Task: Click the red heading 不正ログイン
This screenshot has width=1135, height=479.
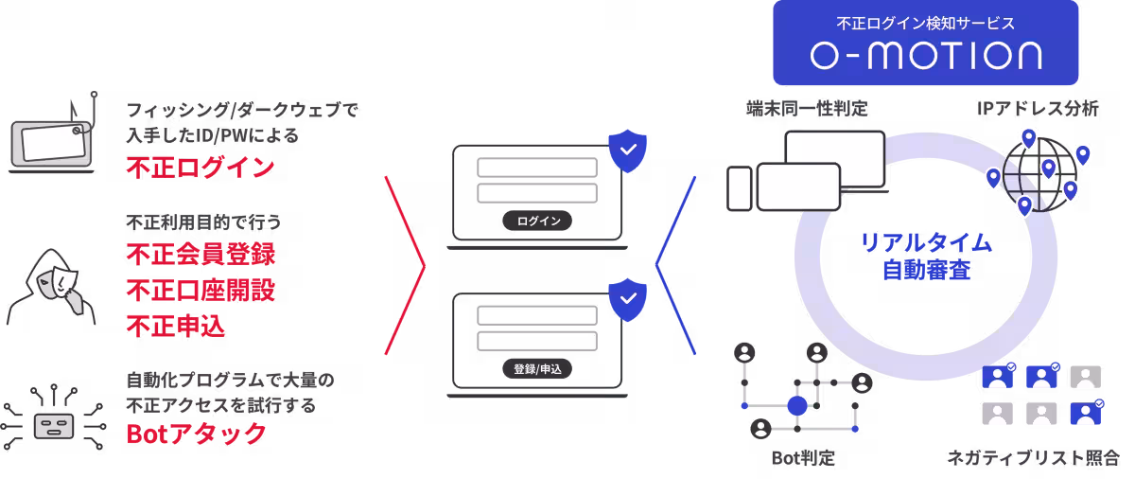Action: tap(201, 169)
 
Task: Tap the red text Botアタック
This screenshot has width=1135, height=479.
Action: tap(197, 435)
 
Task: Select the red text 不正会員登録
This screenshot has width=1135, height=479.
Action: tap(201, 255)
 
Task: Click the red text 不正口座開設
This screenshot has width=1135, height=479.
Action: tap(201, 290)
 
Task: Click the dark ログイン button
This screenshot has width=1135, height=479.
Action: tap(537, 222)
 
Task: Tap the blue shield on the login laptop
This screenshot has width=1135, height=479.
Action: tap(627, 152)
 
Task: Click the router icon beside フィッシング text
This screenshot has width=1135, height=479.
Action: tap(53, 140)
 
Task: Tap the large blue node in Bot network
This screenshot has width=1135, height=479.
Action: tap(797, 406)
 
